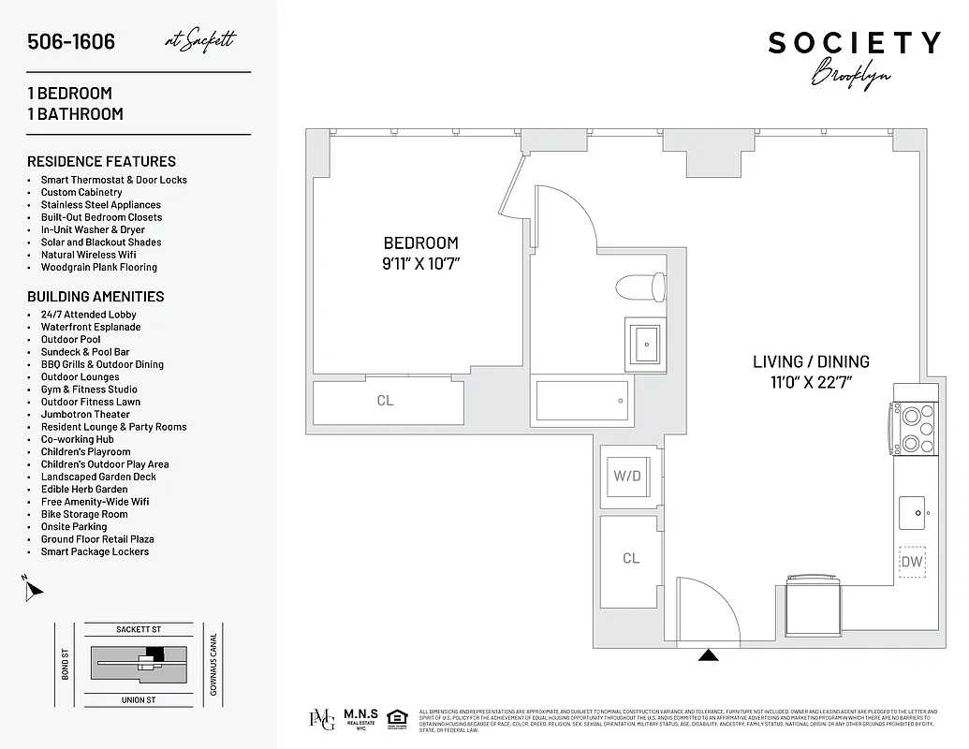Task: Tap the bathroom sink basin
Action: [645, 344]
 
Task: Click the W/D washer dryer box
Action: [627, 476]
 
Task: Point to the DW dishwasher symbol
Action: [912, 562]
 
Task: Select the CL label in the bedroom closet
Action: [385, 401]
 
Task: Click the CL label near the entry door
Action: [631, 558]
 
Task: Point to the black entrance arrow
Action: [710, 655]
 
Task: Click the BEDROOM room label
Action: [420, 243]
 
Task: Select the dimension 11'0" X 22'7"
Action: [811, 381]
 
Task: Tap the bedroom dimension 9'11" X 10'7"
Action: [420, 264]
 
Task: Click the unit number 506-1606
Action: [71, 42]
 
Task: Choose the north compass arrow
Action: [34, 589]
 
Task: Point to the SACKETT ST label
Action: [139, 630]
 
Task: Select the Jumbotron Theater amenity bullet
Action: [85, 414]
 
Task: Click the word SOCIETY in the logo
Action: [854, 43]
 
